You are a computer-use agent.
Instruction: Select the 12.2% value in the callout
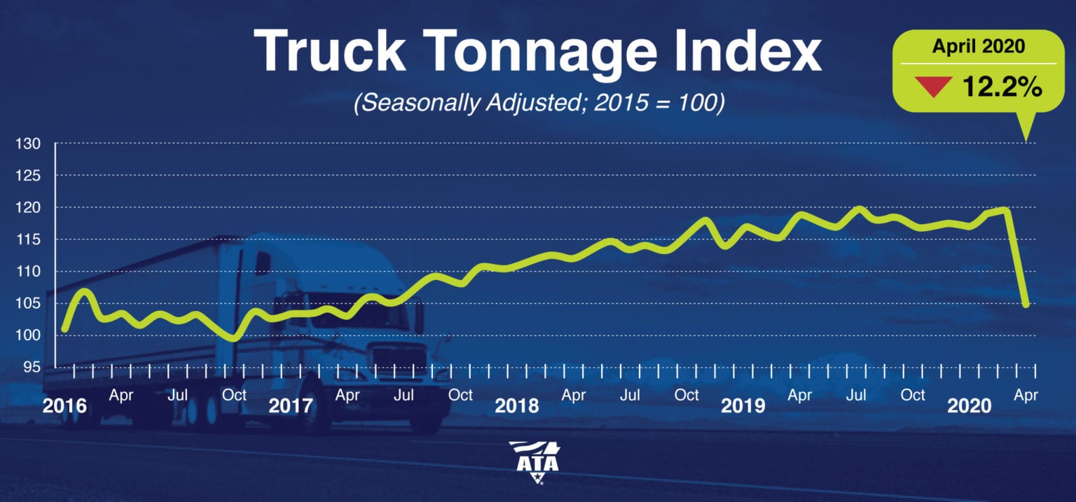pyautogui.click(x=1002, y=88)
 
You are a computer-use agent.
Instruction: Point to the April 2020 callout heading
pyautogui.click(x=978, y=48)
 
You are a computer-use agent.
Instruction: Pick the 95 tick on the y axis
pyautogui.click(x=32, y=368)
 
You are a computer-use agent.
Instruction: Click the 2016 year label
pyautogui.click(x=64, y=406)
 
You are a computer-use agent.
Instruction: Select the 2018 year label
pyautogui.click(x=517, y=406)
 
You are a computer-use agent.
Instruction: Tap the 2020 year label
pyautogui.click(x=969, y=406)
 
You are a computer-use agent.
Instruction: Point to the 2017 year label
pyautogui.click(x=291, y=406)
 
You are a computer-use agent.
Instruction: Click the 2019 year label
pyautogui.click(x=743, y=406)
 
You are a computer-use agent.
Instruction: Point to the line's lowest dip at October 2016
pyautogui.click(x=233, y=338)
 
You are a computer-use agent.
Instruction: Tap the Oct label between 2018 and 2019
pyautogui.click(x=687, y=396)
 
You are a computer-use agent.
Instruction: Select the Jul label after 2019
pyautogui.click(x=856, y=396)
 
